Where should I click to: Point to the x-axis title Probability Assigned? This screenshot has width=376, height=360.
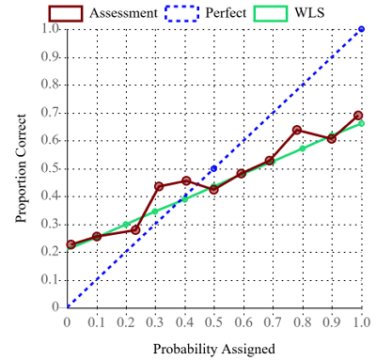click(x=214, y=349)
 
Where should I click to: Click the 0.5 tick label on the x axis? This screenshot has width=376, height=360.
click(x=213, y=321)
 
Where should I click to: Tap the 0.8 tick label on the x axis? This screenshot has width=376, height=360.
click(x=302, y=321)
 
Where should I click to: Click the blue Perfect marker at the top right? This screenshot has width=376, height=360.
click(x=361, y=29)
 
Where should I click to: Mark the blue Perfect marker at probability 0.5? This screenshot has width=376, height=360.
click(x=214, y=168)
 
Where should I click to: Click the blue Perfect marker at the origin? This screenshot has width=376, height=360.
click(x=68, y=307)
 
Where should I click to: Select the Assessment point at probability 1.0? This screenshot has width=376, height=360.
click(x=358, y=116)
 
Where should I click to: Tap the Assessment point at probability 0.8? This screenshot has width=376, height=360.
click(x=297, y=130)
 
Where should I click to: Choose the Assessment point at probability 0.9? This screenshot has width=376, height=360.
click(x=331, y=138)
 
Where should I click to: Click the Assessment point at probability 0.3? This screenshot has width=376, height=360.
click(x=159, y=186)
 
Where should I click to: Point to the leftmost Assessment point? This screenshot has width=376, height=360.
click(x=70, y=244)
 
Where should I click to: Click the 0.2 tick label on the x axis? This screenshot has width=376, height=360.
click(x=126, y=321)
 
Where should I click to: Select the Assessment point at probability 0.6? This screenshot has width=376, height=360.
click(x=242, y=173)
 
